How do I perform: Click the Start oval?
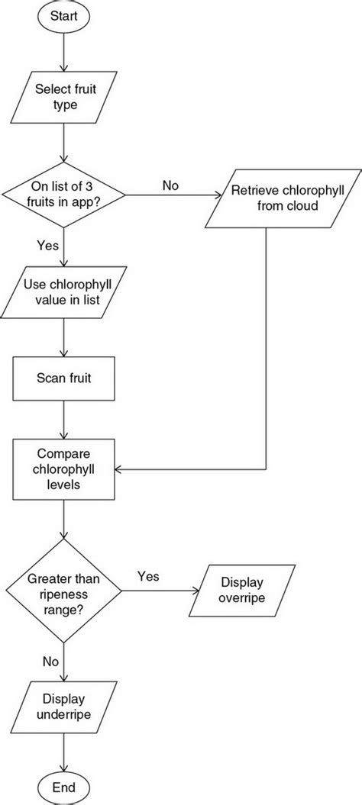pyautogui.click(x=63, y=15)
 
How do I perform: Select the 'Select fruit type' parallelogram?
pyautogui.click(x=63, y=96)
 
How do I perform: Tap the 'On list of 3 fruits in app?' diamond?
pyautogui.click(x=63, y=196)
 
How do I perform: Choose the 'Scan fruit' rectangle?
pyautogui.click(x=63, y=377)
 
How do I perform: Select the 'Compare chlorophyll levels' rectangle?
pyautogui.click(x=63, y=467)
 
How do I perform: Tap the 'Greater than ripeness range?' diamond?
pyautogui.click(x=63, y=589)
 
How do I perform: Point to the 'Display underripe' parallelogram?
pyautogui.click(x=63, y=707)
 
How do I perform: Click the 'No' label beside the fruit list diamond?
pyautogui.click(x=170, y=185)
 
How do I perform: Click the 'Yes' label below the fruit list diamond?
pyautogui.click(x=47, y=246)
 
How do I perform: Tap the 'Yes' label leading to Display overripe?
pyautogui.click(x=148, y=577)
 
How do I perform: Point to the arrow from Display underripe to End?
pyautogui.click(x=63, y=749)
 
